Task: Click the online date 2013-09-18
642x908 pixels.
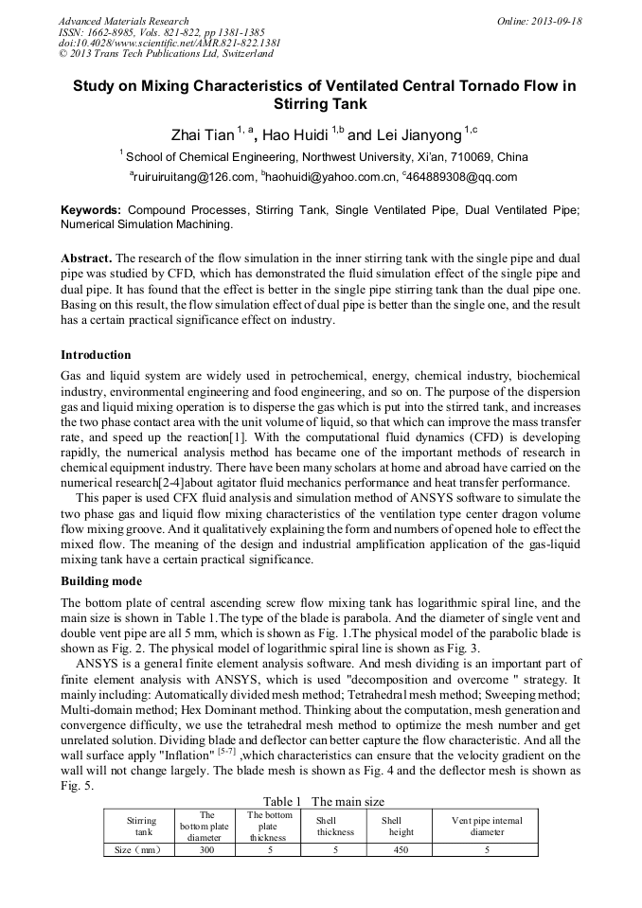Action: pyautogui.click(x=557, y=21)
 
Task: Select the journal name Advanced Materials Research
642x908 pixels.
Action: pyautogui.click(x=123, y=21)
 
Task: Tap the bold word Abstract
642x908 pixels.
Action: pyautogui.click(x=87, y=258)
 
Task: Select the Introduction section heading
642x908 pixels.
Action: pyautogui.click(x=96, y=355)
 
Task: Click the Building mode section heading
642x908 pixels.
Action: pyautogui.click(x=101, y=580)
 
